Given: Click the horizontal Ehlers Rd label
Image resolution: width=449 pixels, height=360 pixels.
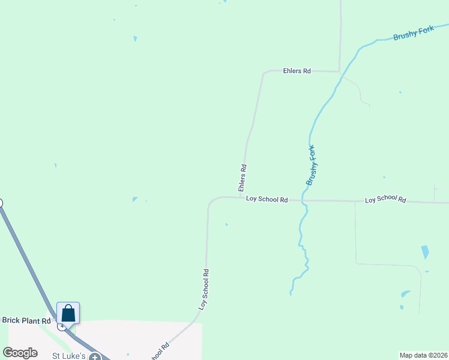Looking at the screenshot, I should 297,71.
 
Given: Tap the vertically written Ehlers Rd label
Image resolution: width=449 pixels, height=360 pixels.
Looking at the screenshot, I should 244,177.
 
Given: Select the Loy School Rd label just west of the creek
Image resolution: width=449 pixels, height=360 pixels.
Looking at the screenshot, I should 267,199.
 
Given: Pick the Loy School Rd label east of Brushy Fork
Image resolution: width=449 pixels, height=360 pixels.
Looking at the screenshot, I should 385,200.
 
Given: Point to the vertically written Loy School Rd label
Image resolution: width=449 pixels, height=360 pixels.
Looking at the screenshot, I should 205,289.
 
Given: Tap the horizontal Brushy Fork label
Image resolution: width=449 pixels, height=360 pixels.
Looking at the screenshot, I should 413,33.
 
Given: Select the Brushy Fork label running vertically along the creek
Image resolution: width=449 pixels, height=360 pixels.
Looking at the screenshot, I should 311,165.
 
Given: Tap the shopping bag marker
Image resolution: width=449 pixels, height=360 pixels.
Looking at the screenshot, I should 68,313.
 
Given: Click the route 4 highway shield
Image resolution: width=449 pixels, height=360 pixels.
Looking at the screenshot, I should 61,326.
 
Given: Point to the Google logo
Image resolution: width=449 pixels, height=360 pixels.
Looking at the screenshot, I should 20,353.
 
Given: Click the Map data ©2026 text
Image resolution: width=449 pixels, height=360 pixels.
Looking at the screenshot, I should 423,355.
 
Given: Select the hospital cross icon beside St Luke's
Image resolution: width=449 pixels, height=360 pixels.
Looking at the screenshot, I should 94,357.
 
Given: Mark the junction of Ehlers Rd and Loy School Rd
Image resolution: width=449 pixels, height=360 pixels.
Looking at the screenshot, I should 241,197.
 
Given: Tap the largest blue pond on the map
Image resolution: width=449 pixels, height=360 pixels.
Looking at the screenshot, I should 425,252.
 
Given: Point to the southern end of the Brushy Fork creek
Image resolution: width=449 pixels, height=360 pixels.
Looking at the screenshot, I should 291,293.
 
